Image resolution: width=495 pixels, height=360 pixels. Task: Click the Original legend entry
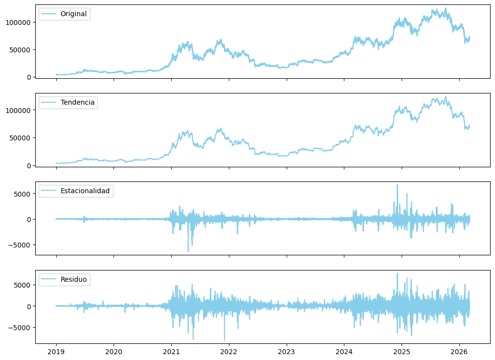point(73,14)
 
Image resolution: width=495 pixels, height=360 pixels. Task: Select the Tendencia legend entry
point(77,102)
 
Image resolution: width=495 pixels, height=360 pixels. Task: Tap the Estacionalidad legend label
point(85,191)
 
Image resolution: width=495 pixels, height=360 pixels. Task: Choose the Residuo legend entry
point(73,279)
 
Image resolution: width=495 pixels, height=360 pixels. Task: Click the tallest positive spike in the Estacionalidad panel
point(397,185)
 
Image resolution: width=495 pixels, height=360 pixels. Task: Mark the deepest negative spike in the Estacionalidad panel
point(188,251)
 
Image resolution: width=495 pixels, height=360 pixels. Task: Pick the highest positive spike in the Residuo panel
point(397,273)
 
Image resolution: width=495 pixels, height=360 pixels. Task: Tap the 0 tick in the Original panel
point(29,77)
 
